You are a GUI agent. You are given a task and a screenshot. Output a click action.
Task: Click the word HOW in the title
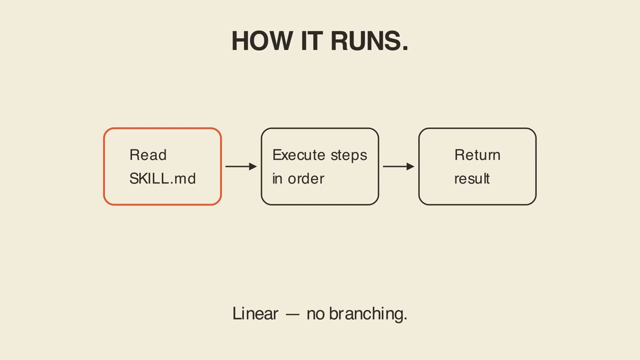pyautogui.click(x=262, y=41)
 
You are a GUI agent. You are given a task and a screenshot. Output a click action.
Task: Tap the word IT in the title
pyautogui.click(x=311, y=41)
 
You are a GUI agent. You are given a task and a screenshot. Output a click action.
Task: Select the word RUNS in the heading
pyautogui.click(x=365, y=41)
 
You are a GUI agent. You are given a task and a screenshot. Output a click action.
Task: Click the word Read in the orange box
pyautogui.click(x=148, y=155)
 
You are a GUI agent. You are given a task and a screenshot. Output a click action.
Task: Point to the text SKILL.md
pyautogui.click(x=162, y=178)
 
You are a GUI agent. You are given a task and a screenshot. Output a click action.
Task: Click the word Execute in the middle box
pyautogui.click(x=299, y=155)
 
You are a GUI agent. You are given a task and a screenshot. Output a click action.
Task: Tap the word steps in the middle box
pyautogui.click(x=349, y=156)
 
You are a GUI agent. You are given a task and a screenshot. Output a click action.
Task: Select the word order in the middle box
pyautogui.click(x=306, y=179)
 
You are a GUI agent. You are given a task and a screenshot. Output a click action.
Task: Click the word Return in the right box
pyautogui.click(x=477, y=155)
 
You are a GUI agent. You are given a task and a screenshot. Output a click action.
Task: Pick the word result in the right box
pyautogui.click(x=472, y=179)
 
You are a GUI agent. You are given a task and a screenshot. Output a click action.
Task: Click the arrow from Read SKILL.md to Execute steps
pyautogui.click(x=241, y=166)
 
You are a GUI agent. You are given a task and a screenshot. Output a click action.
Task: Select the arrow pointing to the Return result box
pyautogui.click(x=398, y=166)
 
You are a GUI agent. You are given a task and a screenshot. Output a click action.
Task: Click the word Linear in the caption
pyautogui.click(x=255, y=313)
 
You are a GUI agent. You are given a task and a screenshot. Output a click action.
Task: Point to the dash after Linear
pyautogui.click(x=292, y=315)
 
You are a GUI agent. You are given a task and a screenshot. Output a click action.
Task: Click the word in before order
pyautogui.click(x=277, y=179)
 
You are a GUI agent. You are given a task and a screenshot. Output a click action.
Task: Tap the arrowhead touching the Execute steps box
pyautogui.click(x=253, y=166)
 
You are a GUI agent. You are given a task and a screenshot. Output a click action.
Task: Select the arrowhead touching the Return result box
pyautogui.click(x=410, y=166)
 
